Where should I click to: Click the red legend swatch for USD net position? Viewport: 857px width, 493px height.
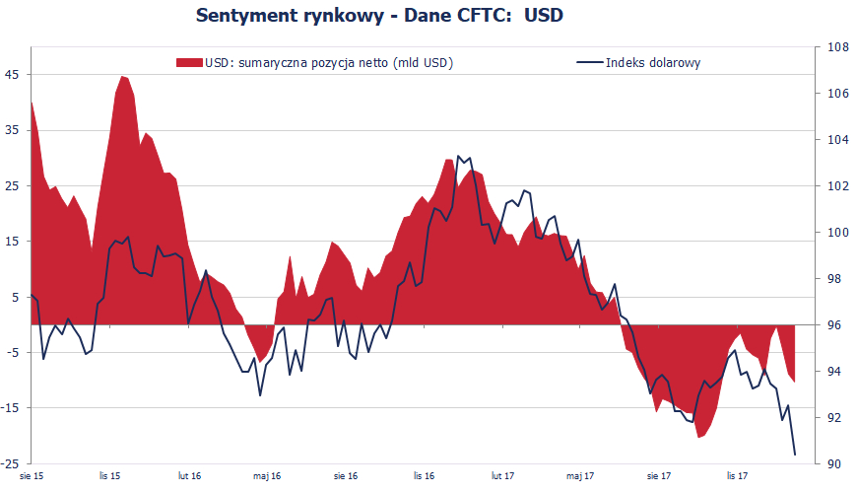click(189, 63)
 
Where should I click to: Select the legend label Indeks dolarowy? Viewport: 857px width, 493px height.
click(653, 63)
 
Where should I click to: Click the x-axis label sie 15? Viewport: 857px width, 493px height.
click(32, 477)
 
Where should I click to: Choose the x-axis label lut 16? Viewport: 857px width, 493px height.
click(190, 477)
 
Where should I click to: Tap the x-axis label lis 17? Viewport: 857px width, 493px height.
click(738, 477)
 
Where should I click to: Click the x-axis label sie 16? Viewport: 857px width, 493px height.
click(346, 477)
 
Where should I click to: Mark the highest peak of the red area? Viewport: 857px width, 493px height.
click(122, 76)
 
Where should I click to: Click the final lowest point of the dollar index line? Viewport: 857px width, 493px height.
click(795, 455)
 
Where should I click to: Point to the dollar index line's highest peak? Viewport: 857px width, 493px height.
click(459, 155)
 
